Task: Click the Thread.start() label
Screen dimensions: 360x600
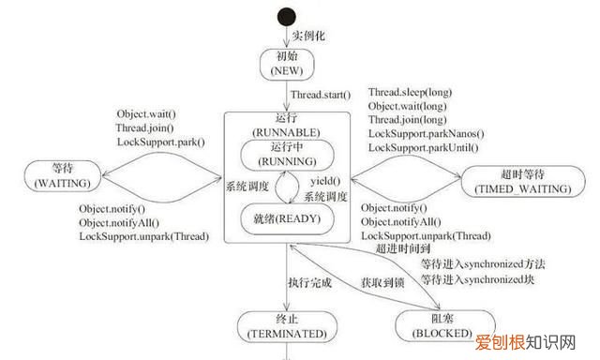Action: [x=320, y=95]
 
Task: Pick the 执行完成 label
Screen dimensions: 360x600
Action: [x=309, y=282]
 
